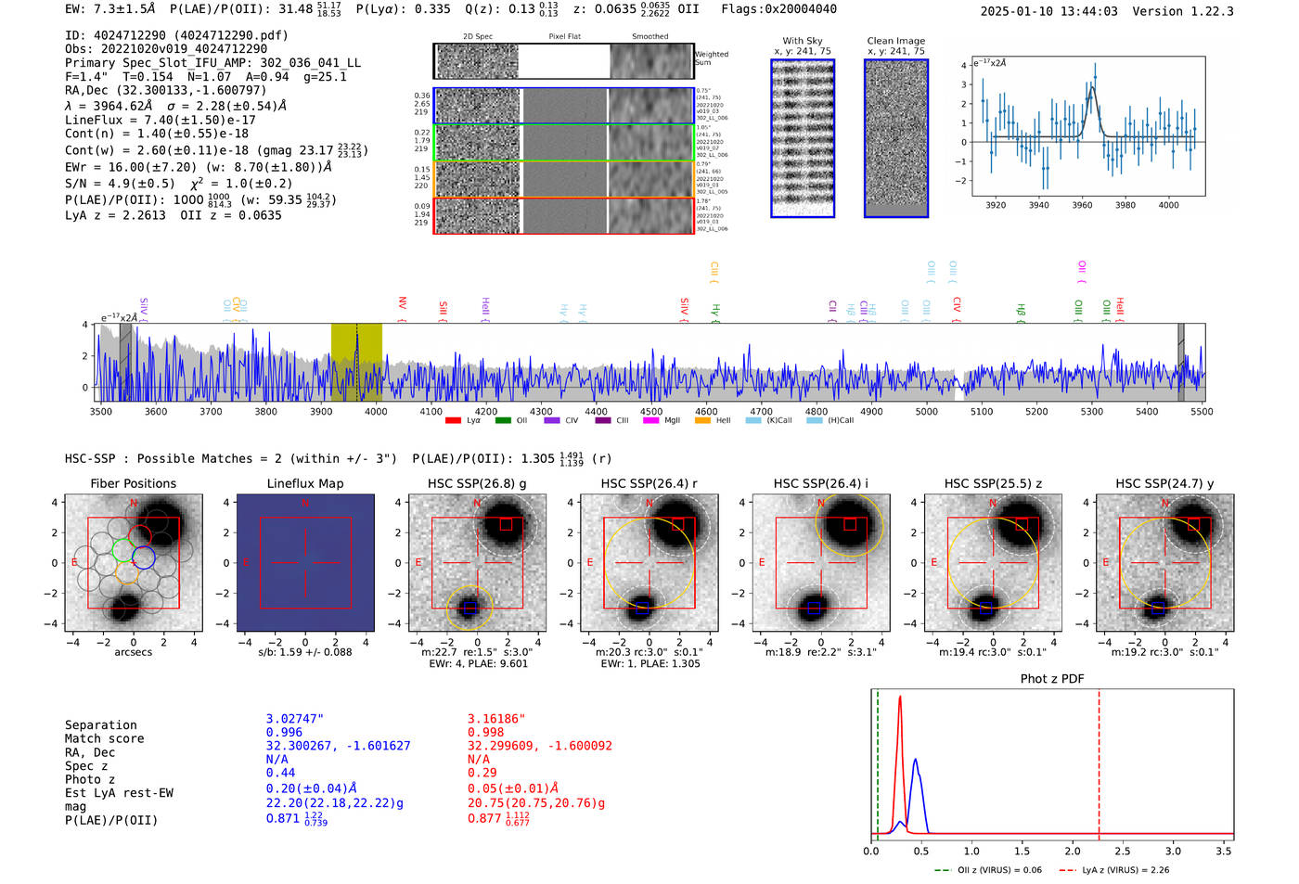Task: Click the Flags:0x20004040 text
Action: (778, 8)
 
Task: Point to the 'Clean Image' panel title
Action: (895, 41)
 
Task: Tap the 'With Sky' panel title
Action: (802, 41)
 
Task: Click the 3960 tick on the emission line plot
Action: (1082, 205)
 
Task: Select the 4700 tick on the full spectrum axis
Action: (761, 412)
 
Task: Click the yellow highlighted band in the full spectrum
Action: (356, 362)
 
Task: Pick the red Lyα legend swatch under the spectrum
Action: (453, 420)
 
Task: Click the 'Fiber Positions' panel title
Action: (133, 483)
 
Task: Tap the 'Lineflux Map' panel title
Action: (304, 483)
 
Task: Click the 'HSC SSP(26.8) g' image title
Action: (477, 483)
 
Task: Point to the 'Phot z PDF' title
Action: (1051, 679)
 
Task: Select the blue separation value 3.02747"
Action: (294, 719)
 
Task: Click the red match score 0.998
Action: (485, 733)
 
